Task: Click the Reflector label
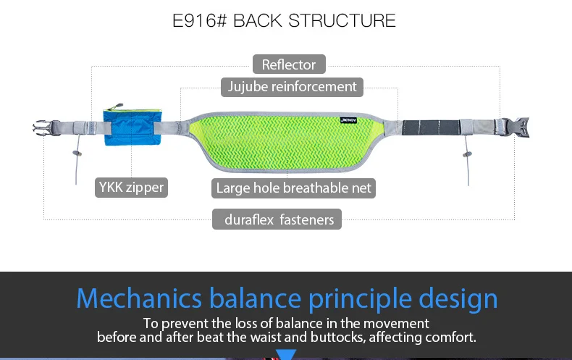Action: click(289, 64)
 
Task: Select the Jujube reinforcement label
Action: click(292, 87)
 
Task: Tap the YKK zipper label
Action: click(131, 188)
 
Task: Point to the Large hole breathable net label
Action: click(293, 188)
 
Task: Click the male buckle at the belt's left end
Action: click(45, 128)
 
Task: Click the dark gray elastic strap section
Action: click(433, 127)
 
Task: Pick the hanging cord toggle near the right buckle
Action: click(466, 154)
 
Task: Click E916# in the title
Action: click(200, 20)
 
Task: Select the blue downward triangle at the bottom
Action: click(287, 354)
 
